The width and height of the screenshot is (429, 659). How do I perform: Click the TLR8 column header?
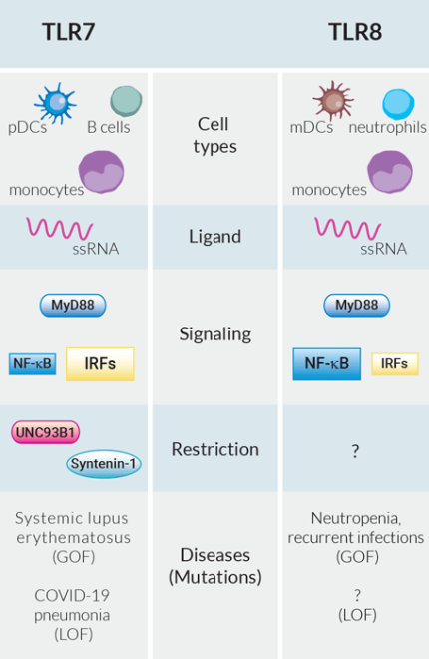(x=356, y=32)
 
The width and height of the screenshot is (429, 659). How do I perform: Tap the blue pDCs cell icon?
(x=55, y=102)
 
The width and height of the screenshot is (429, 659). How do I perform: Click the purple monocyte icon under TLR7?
(x=100, y=171)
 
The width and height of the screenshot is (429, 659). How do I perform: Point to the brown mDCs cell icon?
(x=332, y=101)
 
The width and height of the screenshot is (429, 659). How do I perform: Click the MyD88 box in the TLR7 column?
(x=73, y=306)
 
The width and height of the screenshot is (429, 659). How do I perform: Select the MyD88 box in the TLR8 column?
(x=356, y=306)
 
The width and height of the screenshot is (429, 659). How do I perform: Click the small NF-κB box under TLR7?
(x=33, y=363)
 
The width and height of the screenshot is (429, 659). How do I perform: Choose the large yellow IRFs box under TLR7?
(x=100, y=364)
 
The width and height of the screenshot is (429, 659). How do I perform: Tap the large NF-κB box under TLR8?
(x=327, y=364)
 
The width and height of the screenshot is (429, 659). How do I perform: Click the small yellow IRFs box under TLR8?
(x=395, y=364)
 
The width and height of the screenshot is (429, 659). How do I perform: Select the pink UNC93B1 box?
(x=47, y=433)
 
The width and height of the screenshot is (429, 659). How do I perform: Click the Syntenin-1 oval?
(x=104, y=463)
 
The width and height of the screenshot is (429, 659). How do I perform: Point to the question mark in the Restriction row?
(x=355, y=451)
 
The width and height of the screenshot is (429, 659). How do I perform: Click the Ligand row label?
(x=214, y=237)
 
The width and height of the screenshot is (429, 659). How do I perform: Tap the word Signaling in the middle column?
(x=214, y=334)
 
